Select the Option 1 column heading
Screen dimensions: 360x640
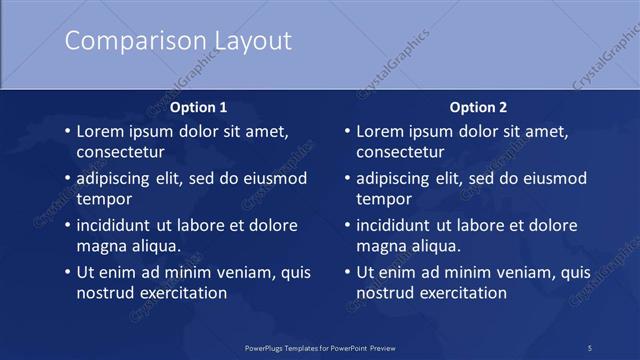(199, 107)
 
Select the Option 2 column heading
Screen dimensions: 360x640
(478, 107)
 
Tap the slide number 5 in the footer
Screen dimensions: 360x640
(590, 347)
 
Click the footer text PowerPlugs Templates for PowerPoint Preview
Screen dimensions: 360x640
(320, 347)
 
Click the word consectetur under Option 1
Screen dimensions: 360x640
(120, 153)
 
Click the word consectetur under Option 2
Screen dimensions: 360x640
(400, 153)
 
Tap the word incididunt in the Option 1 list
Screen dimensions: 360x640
(119, 225)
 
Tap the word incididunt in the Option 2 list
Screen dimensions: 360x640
(399, 225)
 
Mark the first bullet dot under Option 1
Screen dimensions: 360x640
(67, 131)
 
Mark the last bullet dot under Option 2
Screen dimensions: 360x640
(347, 272)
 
